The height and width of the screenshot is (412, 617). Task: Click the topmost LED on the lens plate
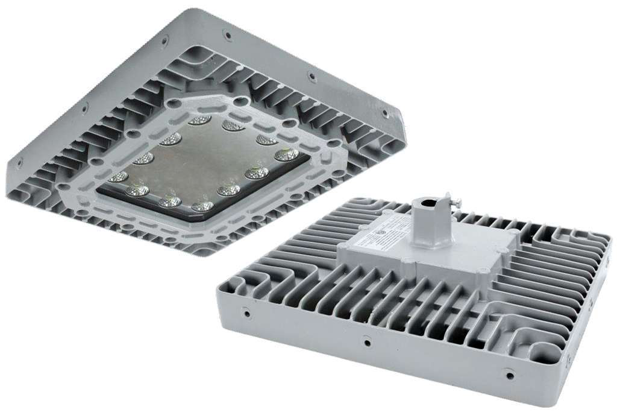[x=199, y=120]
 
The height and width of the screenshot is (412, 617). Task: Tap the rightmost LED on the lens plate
[x=286, y=155]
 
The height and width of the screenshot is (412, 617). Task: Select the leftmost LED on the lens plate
[x=119, y=177]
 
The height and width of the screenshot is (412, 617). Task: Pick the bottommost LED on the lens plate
[x=202, y=206]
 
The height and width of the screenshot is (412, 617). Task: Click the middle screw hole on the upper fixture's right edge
[x=312, y=77]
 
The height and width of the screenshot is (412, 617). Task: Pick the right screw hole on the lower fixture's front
[x=510, y=376]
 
